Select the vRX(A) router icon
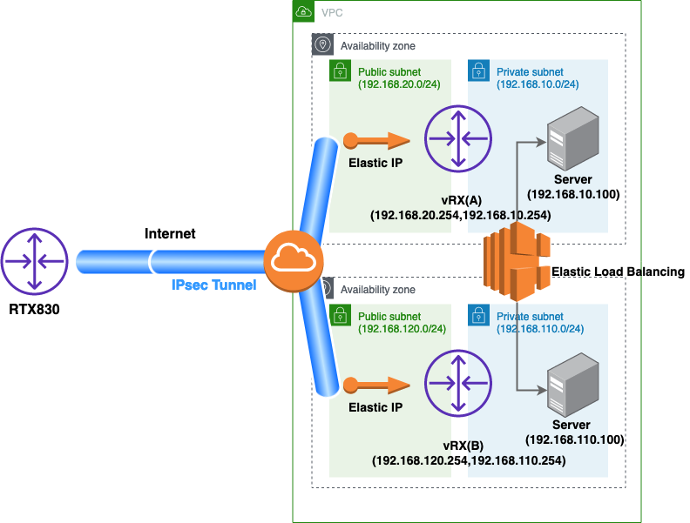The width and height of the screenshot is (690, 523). (x=458, y=140)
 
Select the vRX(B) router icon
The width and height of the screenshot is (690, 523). (x=458, y=384)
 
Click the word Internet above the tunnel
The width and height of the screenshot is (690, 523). (x=171, y=234)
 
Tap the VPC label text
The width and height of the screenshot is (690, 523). (x=332, y=12)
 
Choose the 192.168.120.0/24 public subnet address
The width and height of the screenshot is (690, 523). (x=402, y=329)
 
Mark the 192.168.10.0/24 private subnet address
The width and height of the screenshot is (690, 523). (x=538, y=84)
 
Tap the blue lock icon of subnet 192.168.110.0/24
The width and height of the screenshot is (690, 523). (x=477, y=315)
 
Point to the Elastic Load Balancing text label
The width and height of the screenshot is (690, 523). (x=618, y=272)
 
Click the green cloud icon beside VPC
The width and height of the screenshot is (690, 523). (x=302, y=11)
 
